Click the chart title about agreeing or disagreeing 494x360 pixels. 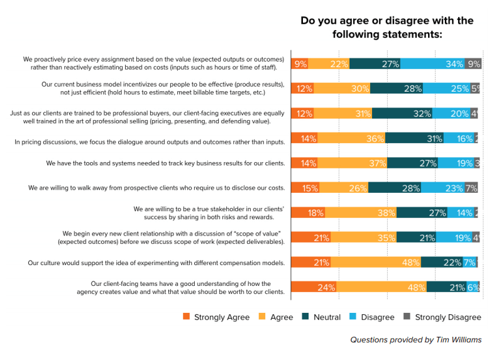387,27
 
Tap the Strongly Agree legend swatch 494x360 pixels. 185,317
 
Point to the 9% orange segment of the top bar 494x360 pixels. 300,63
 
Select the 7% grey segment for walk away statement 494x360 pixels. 472,187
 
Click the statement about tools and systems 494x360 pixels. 165,163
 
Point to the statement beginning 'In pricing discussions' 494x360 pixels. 150,142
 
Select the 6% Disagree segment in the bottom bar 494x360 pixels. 473,287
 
